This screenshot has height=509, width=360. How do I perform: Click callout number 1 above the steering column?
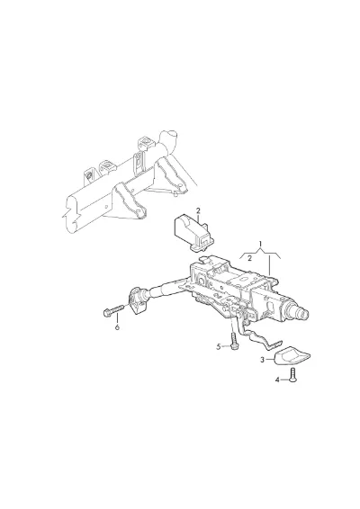point(260,243)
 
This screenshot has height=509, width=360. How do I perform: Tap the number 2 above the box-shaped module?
point(198,211)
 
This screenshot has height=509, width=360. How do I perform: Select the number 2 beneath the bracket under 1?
point(249,258)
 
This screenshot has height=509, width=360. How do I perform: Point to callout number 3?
point(262,360)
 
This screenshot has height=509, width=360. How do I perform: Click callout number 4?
point(277,380)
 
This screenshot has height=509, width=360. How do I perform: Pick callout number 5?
point(219,347)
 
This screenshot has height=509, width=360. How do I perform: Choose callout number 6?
point(117,327)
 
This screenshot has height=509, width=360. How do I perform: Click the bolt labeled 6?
point(113,311)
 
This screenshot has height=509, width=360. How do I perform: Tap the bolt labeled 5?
point(234,342)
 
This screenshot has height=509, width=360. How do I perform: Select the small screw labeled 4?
point(293,375)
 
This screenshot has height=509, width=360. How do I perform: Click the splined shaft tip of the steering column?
point(302,314)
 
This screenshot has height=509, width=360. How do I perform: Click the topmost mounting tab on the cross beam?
point(144,142)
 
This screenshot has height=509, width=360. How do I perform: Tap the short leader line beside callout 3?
point(270,360)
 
